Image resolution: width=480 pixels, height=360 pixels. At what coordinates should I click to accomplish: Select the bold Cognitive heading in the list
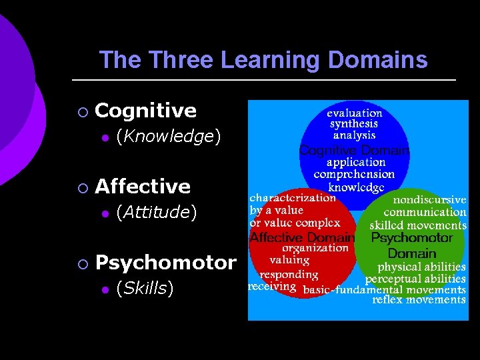click(x=146, y=111)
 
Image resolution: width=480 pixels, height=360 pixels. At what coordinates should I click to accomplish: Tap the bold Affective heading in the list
click(x=143, y=186)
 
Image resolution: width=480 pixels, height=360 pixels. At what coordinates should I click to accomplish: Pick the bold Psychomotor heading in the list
click(x=166, y=262)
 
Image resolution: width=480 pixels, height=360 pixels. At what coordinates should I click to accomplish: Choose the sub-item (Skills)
click(x=145, y=288)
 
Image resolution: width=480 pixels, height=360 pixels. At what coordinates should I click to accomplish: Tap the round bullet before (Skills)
click(x=104, y=289)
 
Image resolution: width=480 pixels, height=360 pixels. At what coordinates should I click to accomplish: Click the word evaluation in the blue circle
click(x=354, y=113)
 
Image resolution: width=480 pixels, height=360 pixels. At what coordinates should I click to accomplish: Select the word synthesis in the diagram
click(x=354, y=123)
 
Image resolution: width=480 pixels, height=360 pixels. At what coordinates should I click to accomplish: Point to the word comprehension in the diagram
click(x=354, y=174)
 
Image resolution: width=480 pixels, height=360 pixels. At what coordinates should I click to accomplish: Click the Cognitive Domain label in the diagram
click(x=354, y=149)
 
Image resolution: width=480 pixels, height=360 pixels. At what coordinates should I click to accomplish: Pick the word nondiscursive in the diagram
click(x=429, y=199)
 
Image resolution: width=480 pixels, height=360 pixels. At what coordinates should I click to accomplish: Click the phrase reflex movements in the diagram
click(x=419, y=300)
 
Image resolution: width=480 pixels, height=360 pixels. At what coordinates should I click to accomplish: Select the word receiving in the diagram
click(x=272, y=287)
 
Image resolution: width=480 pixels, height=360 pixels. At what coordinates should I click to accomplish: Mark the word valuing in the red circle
click(x=289, y=260)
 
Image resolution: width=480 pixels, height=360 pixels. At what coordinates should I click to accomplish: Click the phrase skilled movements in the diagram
click(x=418, y=225)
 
